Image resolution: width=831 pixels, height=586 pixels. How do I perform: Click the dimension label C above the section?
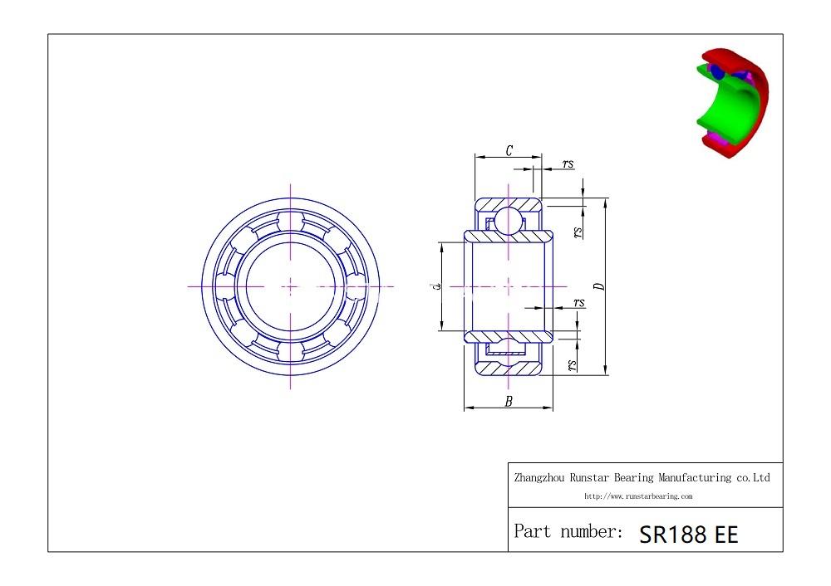(x=509, y=150)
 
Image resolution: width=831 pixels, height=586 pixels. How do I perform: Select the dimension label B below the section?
(x=509, y=401)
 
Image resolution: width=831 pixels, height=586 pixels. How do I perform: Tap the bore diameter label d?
(x=435, y=286)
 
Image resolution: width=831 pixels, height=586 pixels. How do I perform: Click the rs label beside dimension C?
(x=568, y=164)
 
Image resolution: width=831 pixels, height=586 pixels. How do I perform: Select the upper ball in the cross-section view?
(x=508, y=221)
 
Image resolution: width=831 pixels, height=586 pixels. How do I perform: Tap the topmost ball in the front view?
(x=290, y=219)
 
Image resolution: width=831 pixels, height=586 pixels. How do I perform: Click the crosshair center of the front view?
(x=290, y=286)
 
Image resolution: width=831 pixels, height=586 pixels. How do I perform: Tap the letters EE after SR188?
(x=723, y=535)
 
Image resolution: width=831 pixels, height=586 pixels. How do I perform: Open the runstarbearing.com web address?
(x=637, y=496)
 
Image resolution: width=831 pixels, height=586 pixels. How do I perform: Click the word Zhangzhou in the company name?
(x=542, y=477)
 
